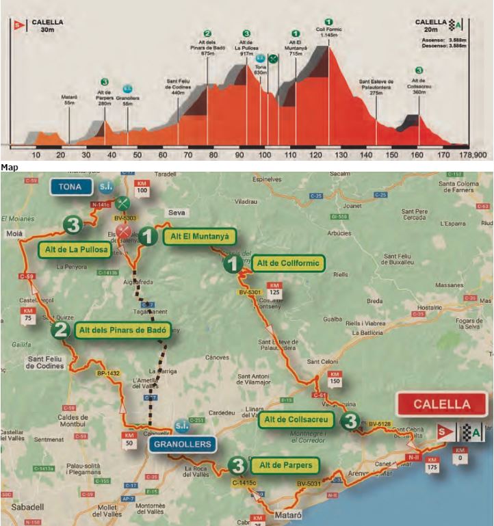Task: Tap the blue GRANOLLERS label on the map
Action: tap(181, 443)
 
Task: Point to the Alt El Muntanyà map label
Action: tap(199, 237)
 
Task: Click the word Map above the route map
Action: tap(8, 166)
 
